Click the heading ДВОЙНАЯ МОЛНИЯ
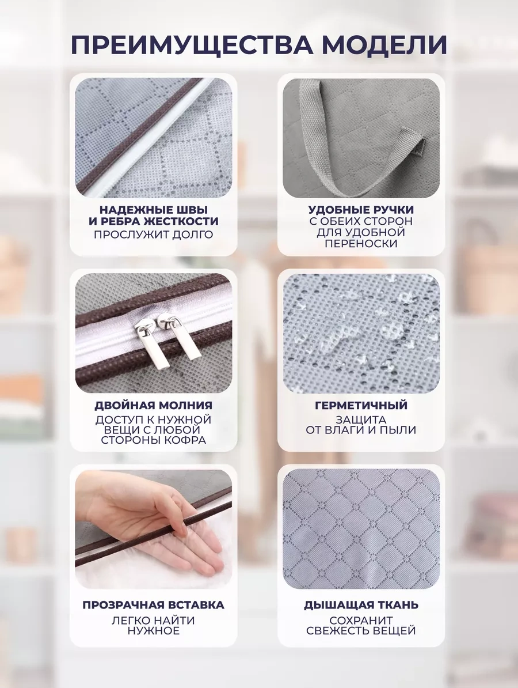153,405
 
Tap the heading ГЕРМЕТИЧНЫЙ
361,405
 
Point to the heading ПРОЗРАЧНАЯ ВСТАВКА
153,604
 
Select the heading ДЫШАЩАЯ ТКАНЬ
361,604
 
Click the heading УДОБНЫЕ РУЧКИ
361,210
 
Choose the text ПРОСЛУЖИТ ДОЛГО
153,235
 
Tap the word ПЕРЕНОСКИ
361,244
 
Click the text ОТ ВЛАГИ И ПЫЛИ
361,430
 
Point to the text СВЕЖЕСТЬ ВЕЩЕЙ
361,631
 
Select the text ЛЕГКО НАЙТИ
153,621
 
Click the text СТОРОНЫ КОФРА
153,440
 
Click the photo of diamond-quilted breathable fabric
361,529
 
